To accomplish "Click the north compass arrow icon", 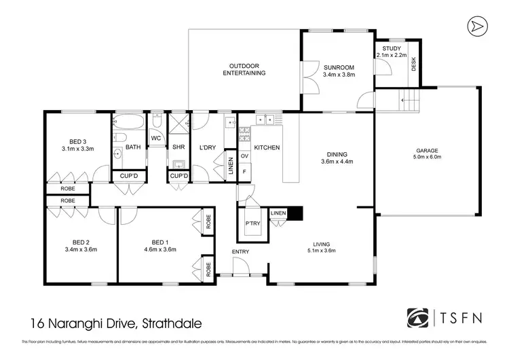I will point(478,25).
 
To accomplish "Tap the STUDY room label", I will point(392,49).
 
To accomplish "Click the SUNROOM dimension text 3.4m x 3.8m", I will point(339,75).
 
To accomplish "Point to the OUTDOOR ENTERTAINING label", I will point(246,69).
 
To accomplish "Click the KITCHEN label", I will point(267,147).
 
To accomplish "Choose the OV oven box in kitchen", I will point(245,156).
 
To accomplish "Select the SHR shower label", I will point(179,147).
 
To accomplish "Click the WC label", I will point(155,138).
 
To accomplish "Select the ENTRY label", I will point(240,252).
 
